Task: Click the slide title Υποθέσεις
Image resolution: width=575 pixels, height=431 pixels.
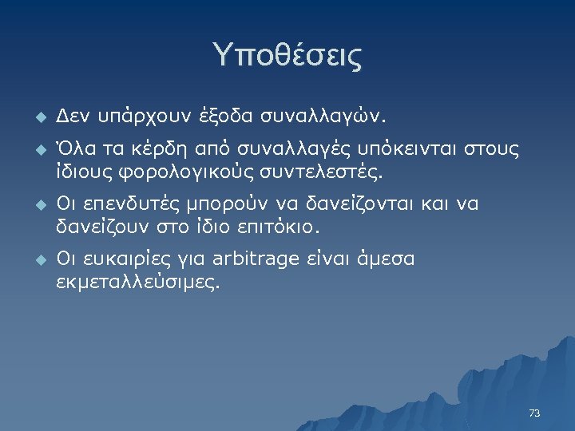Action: [287, 56]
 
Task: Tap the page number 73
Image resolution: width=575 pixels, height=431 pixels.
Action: [534, 413]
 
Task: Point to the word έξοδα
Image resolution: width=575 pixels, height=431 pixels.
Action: [228, 117]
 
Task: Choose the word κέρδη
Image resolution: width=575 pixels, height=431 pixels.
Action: [151, 149]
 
